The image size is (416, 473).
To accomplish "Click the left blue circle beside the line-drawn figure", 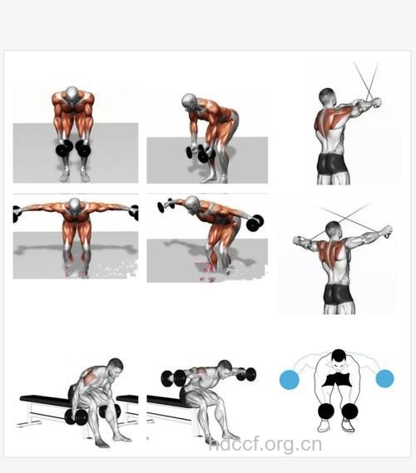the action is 290,380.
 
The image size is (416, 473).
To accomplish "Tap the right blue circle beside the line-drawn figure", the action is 385,378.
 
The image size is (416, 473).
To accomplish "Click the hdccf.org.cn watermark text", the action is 265,446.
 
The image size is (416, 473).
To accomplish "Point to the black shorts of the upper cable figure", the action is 331,164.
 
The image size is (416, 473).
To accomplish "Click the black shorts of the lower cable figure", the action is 338,293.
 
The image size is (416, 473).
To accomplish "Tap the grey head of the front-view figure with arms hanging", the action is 72,96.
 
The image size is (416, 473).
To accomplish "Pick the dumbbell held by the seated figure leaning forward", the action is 76,416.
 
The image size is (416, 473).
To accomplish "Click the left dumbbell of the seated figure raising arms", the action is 174,378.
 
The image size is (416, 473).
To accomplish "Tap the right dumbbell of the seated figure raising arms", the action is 249,374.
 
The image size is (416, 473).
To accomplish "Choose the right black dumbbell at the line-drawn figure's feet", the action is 349,411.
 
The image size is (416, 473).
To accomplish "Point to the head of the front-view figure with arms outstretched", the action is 75,205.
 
